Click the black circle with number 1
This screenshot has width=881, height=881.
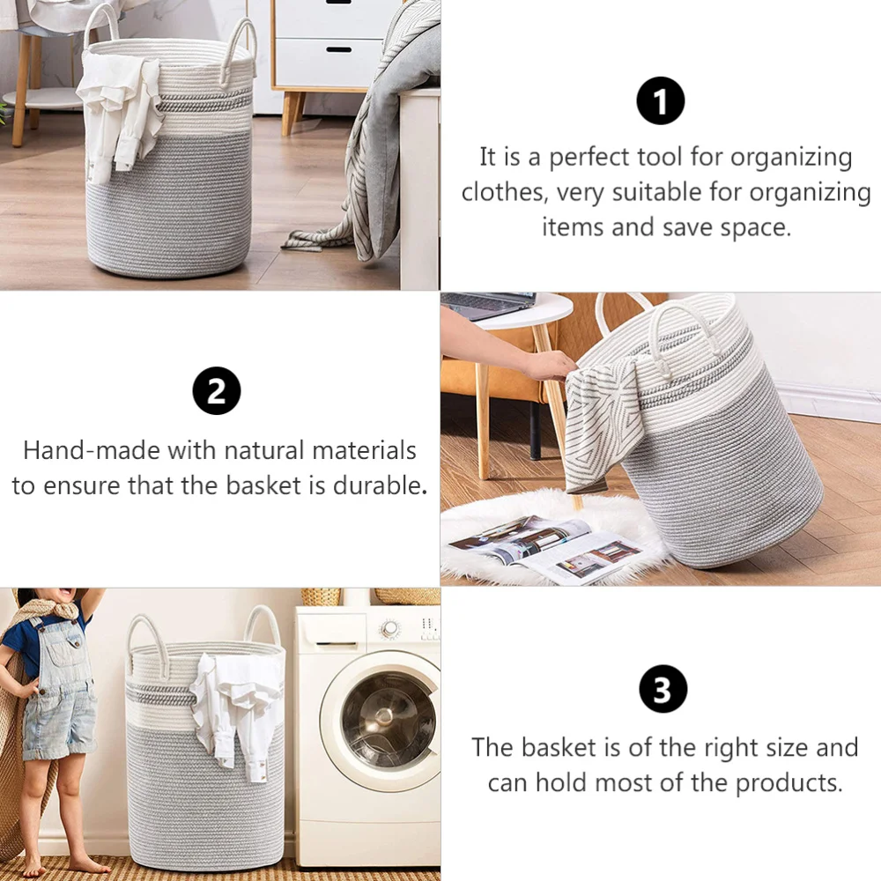660,101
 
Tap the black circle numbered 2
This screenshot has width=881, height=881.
217,391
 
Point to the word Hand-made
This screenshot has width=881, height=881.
93,450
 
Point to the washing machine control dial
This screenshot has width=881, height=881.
390,629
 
